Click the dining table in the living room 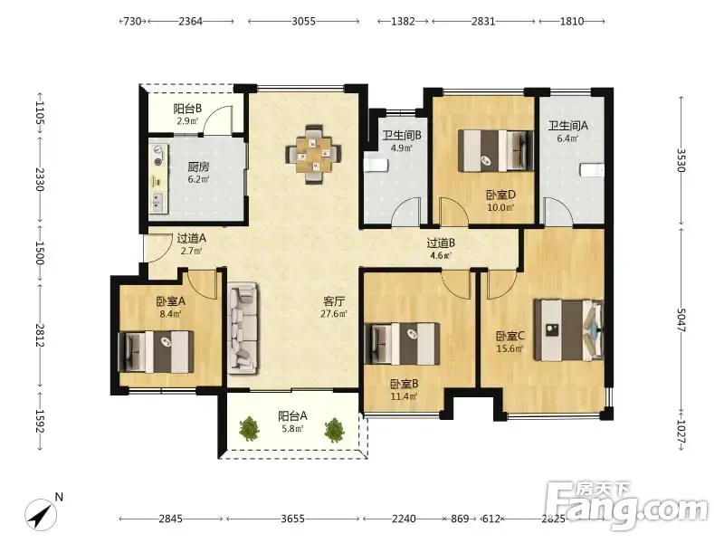pos(313,154)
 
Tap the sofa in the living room pos(243,328)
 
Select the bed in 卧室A pos(156,352)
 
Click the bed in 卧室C pos(569,330)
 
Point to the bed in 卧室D pos(496,151)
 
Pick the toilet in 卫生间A pos(592,169)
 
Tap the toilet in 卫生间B pos(375,165)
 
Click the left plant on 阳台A pos(250,428)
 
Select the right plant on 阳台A pos(334,429)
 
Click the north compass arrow pos(42,514)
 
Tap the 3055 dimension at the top pos(303,21)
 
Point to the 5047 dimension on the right pos(681,319)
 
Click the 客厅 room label pos(334,301)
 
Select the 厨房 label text pos(198,167)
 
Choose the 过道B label pos(441,243)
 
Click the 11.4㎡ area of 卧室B pos(404,396)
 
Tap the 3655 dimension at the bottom pos(292,519)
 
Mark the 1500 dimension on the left pos(40,253)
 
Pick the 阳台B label pos(187,109)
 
